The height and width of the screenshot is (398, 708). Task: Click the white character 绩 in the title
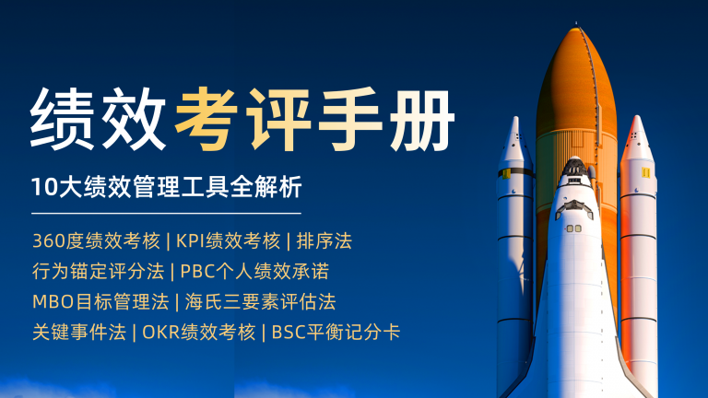coord(63,119)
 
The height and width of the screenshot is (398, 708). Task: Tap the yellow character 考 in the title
coord(206,119)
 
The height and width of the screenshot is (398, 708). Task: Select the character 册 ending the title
coord(422,120)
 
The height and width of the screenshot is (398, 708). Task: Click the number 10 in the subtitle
coord(44,187)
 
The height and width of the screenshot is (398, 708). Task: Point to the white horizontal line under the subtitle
coord(166,213)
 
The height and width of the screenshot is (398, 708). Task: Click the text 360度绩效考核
coord(96,241)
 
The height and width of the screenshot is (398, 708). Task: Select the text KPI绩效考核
coord(228,241)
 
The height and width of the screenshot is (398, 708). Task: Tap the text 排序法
coord(324,241)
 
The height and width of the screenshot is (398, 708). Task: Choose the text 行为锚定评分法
coord(98,271)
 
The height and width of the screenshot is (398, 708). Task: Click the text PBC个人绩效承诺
coord(254,271)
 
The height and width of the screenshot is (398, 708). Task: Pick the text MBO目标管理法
coord(100,302)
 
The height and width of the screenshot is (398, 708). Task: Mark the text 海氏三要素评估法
coord(261,302)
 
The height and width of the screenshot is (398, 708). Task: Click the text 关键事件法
coord(79,333)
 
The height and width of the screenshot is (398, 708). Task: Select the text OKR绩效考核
coord(199,333)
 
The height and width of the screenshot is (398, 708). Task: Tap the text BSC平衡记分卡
coord(336,333)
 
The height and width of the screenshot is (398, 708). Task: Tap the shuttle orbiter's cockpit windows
coord(574,207)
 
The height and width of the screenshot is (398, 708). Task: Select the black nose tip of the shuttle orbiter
coord(574,166)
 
